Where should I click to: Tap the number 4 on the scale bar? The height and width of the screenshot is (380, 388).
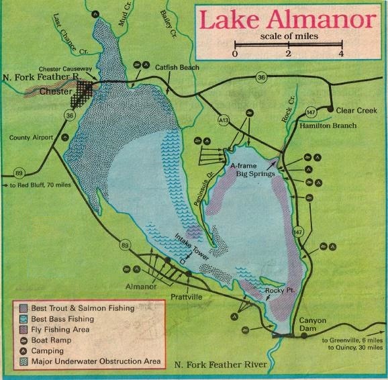tap(342, 52)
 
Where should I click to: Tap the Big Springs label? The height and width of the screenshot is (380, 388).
tap(255, 173)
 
